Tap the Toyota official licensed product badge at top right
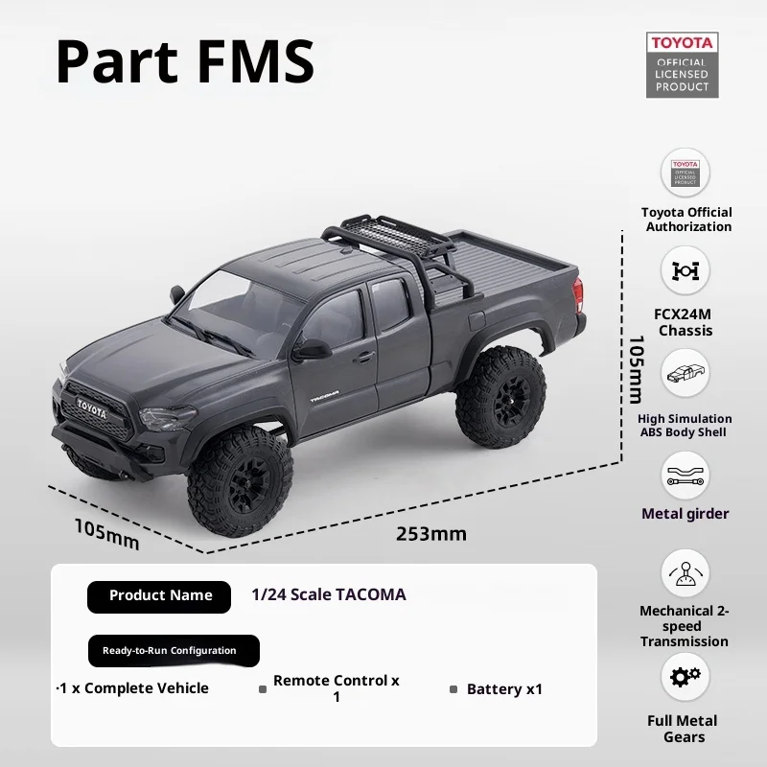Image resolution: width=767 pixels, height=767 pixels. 682,64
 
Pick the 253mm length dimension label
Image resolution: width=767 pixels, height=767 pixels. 431,534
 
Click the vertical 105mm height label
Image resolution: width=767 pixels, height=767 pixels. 634,369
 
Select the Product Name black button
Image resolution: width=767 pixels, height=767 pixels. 159,596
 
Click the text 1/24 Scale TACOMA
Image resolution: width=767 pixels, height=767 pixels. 328,594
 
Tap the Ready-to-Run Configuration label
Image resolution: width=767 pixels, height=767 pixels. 174,651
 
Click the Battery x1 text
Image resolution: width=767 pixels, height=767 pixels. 504,689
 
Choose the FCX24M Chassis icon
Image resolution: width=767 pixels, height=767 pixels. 686,270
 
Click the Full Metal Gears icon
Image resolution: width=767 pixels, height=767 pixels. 685,677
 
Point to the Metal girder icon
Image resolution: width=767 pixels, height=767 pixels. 686,475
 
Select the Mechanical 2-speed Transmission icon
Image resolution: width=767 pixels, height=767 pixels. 685,574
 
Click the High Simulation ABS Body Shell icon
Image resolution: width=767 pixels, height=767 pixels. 686,373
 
